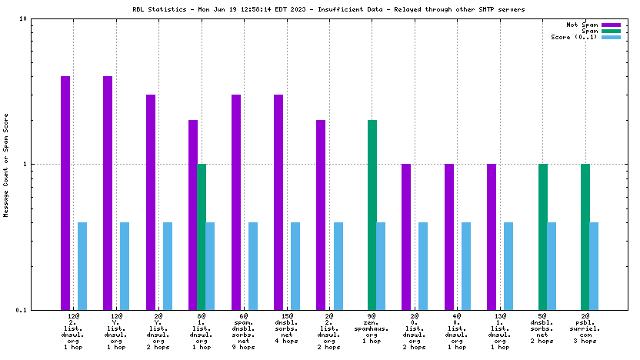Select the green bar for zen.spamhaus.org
coord(372,215)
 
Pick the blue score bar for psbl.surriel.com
coord(594,265)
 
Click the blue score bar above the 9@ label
coord(381,265)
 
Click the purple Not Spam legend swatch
coord(611,25)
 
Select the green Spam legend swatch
coord(611,31)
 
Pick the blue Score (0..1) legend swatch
coord(611,37)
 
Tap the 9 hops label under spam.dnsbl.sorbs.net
coord(245,347)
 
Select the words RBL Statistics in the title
coord(158,10)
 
